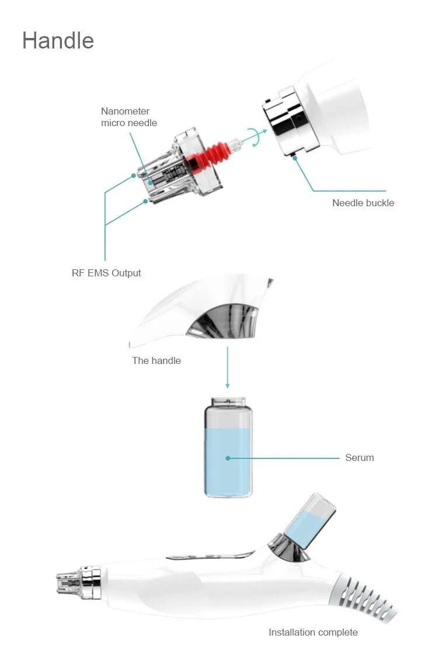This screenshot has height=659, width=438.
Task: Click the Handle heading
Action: coord(58,41)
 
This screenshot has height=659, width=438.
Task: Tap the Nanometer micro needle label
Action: coord(128,117)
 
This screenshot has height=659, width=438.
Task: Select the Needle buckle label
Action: coord(363,203)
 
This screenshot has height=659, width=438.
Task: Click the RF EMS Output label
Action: coord(106,273)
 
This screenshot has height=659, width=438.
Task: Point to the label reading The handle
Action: coord(156,360)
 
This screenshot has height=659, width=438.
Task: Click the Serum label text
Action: coord(359,457)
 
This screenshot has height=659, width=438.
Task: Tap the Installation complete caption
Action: coord(313,632)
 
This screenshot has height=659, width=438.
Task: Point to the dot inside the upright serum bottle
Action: coord(228,458)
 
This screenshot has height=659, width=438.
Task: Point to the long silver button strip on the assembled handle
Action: coord(210,556)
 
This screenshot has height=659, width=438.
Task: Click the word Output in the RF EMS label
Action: coord(127,273)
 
